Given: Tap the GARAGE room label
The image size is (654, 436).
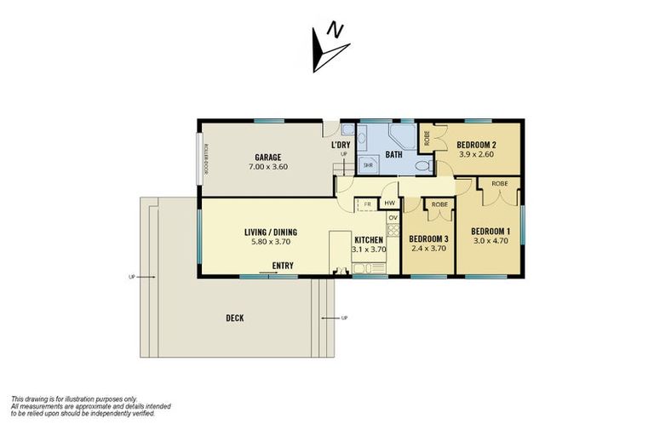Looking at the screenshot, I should (x=268, y=157).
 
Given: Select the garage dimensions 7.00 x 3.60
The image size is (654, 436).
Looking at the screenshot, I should (x=268, y=167).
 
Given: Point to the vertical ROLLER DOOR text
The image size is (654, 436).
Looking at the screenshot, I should (x=206, y=157).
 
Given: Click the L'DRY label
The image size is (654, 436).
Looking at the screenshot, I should (x=341, y=145).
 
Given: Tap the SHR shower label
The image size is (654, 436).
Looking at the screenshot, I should (x=369, y=164).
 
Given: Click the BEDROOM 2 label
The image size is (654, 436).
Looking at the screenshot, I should (x=471, y=145).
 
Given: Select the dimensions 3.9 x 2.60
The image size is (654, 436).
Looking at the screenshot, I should (x=471, y=155).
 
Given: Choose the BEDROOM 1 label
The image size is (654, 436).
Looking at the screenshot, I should (x=491, y=231).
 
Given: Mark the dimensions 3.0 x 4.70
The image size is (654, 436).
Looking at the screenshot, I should (x=491, y=241).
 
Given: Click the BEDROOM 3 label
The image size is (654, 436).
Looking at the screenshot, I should (x=428, y=238).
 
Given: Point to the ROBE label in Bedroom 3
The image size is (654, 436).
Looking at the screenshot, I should (x=439, y=205).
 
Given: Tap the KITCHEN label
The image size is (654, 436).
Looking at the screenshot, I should (x=370, y=240).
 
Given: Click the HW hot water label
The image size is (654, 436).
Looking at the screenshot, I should (x=389, y=204).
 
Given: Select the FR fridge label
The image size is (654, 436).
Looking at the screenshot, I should (x=367, y=204).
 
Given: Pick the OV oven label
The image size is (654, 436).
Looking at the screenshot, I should (x=393, y=218).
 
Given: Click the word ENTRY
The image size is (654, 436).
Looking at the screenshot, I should (x=284, y=266).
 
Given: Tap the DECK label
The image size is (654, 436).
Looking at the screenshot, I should (x=235, y=318).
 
